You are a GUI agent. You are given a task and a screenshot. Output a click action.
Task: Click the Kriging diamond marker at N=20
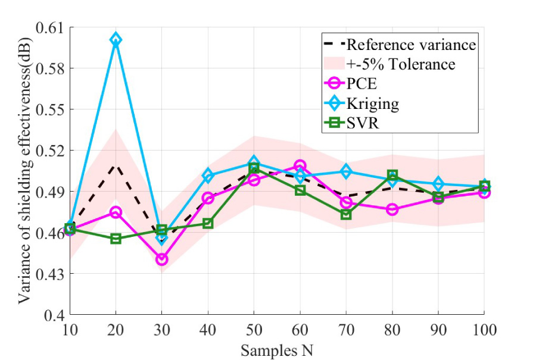116,40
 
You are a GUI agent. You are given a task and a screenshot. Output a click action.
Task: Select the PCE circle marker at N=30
161,259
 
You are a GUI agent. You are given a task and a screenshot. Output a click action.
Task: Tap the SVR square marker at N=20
116,239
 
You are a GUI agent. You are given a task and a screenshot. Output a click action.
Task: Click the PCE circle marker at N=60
300,165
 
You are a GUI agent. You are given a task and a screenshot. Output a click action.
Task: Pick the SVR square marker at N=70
346,214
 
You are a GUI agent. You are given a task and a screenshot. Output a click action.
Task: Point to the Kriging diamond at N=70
346,172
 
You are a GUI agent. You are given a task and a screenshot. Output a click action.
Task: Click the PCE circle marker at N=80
392,209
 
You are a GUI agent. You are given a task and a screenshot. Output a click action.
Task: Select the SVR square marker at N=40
208,223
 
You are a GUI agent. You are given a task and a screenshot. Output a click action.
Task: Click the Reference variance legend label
411,45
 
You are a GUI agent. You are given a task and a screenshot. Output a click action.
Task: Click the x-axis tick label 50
254,329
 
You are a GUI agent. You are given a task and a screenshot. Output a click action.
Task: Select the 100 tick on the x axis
483,329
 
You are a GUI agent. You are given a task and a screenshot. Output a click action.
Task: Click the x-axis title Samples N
276,350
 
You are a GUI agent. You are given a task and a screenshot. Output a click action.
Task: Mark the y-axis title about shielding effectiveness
24,171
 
